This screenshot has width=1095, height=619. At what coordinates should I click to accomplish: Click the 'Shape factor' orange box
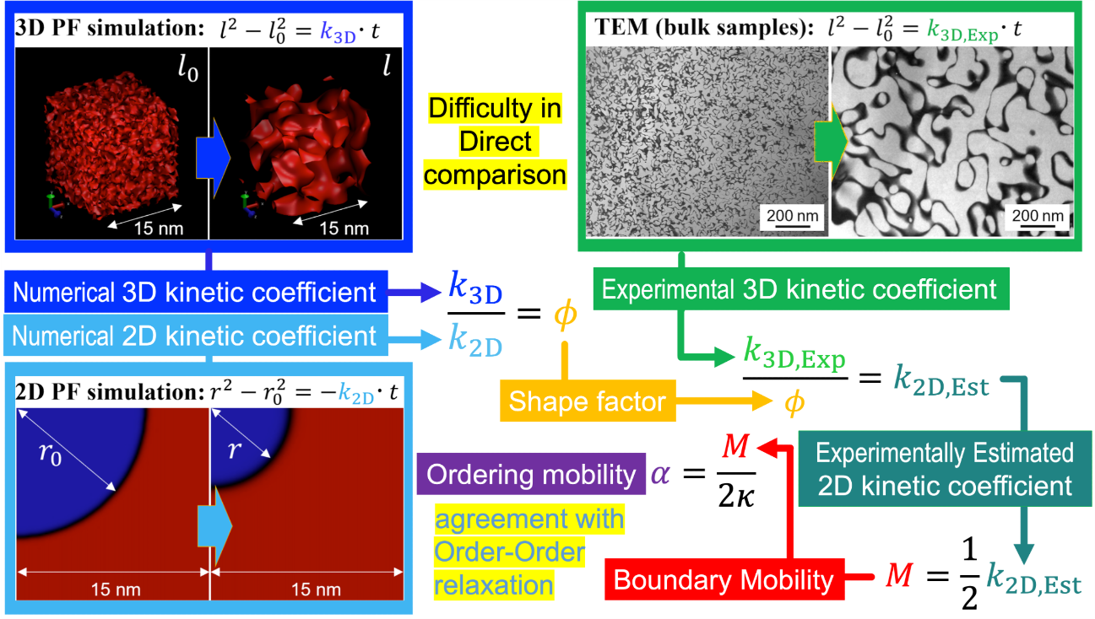pos(587,401)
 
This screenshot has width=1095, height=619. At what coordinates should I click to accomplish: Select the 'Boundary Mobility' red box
pos(724,579)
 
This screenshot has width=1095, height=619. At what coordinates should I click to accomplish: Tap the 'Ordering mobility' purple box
pos(531,474)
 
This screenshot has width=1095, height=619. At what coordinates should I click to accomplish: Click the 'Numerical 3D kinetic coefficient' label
pos(195,293)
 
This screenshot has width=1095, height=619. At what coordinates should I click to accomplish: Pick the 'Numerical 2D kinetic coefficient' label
pos(195,336)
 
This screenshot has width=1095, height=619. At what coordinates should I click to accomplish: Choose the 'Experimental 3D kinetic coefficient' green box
pos(798,290)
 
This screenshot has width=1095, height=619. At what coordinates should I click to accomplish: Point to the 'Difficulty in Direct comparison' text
pos(495,142)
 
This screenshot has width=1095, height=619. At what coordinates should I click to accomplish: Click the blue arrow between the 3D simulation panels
pos(212,158)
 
